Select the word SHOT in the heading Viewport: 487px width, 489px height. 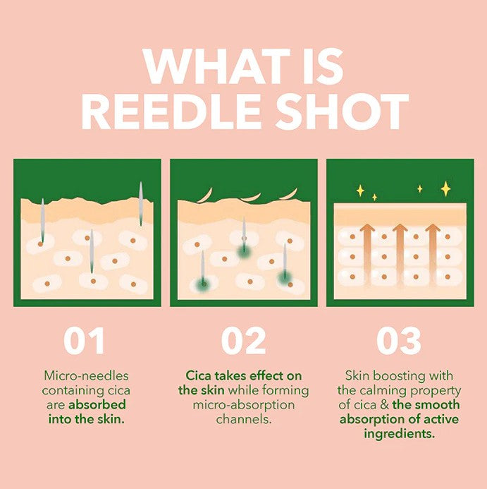(351, 111)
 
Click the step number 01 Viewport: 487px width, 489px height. (84, 341)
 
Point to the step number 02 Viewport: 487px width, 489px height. (243, 341)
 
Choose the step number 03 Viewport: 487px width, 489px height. (399, 341)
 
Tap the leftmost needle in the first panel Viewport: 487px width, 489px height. (42, 222)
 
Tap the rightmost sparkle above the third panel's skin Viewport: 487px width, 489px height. (445, 188)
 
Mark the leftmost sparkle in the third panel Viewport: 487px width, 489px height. (360, 191)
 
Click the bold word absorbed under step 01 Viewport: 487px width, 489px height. (97, 404)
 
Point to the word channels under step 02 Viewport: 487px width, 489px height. (243, 419)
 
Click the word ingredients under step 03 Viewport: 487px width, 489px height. (399, 434)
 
